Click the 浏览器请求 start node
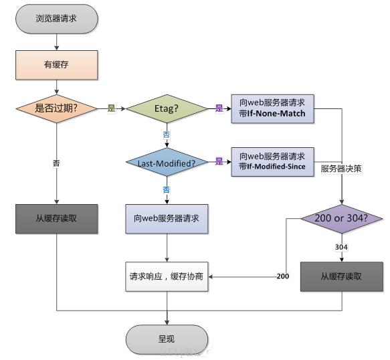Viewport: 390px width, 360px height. [x=56, y=18]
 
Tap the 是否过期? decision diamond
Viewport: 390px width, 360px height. [x=56, y=108]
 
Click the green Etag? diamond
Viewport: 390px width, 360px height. [x=166, y=108]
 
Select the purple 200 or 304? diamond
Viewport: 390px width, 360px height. [x=342, y=219]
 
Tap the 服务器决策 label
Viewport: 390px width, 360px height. [x=341, y=169]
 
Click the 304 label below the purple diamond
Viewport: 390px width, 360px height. [x=342, y=248]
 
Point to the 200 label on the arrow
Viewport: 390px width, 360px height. [x=283, y=276]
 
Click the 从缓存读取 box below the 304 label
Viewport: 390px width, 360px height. [x=342, y=276]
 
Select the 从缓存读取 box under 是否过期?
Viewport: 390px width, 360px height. [x=56, y=219]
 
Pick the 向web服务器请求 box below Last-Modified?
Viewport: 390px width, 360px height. [x=166, y=219]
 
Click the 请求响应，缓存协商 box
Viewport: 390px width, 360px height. [x=166, y=276]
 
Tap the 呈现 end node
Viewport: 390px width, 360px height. [x=167, y=339]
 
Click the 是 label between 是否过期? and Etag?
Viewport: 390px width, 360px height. [x=111, y=108]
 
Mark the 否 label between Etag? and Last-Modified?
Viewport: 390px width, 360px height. [x=166, y=134]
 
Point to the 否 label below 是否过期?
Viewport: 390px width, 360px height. [x=56, y=163]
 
